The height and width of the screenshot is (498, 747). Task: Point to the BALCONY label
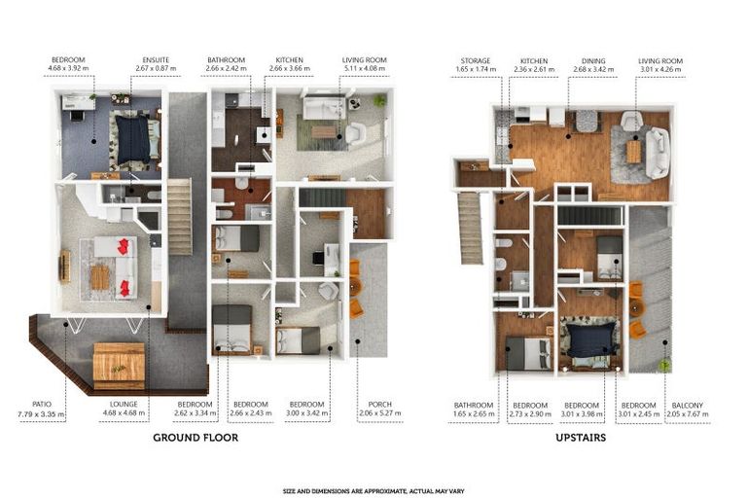689,404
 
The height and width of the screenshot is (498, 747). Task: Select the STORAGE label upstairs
475,60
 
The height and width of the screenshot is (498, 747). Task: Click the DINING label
592,60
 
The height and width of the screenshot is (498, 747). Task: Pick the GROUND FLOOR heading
196,438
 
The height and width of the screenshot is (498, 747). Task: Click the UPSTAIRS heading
581,438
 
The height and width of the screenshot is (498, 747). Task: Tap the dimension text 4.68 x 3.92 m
68,70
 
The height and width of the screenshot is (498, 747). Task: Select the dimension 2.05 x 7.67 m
689,413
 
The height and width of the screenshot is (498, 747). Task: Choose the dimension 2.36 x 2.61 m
534,70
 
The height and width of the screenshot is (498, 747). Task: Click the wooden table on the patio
118,365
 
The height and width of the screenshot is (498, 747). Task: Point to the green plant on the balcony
664,366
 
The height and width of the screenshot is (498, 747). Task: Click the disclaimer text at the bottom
373,490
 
